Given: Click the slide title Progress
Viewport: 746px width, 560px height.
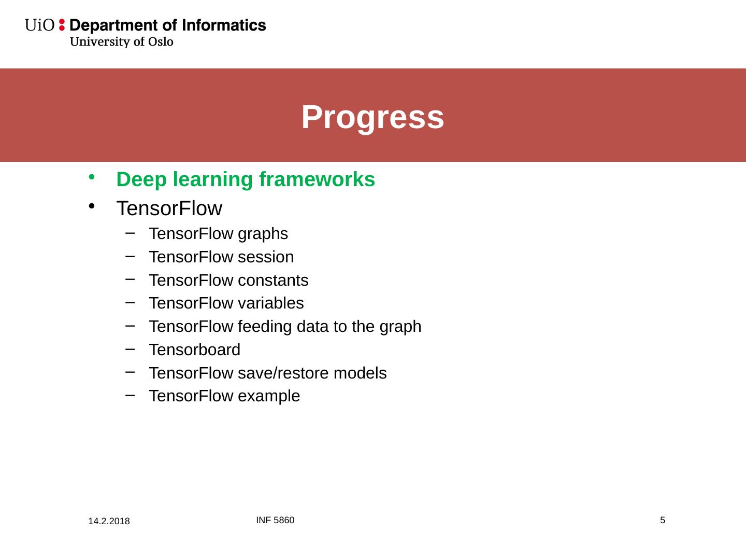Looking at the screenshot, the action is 372,118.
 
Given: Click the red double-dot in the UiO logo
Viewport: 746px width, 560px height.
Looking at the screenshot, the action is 62,25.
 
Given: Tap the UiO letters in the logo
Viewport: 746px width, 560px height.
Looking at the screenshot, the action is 39,25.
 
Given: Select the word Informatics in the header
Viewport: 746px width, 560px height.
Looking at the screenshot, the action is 224,25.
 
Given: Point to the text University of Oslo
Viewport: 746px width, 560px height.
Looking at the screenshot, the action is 122,42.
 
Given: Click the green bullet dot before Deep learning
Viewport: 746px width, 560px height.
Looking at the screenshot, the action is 91,177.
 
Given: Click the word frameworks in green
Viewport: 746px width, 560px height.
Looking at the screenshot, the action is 317,179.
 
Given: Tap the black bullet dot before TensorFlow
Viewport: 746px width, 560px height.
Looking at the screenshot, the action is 91,206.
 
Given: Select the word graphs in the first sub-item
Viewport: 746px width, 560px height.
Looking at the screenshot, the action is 263,234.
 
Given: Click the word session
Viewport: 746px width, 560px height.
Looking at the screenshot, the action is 266,257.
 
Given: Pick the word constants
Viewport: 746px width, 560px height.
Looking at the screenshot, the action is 273,281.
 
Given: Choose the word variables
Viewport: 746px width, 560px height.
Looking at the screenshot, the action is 271,303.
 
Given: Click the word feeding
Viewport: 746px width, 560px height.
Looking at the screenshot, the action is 265,327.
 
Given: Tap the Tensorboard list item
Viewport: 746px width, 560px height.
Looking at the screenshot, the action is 195,350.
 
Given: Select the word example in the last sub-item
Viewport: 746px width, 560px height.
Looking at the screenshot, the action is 269,397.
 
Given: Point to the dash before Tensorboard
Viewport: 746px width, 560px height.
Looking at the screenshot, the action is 130,349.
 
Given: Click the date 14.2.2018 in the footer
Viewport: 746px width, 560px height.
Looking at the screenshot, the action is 109,521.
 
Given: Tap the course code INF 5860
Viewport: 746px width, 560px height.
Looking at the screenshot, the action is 275,520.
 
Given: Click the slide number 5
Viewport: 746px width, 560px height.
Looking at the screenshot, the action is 663,520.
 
